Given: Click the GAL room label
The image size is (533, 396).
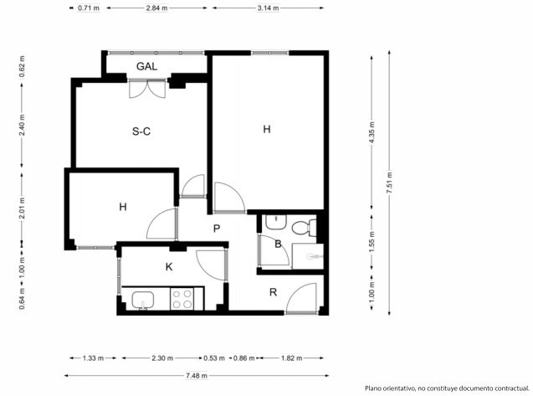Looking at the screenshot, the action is pyautogui.click(x=147, y=66).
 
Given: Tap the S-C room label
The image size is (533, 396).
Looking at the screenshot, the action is pyautogui.click(x=141, y=131).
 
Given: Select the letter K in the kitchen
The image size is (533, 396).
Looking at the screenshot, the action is pyautogui.click(x=169, y=267).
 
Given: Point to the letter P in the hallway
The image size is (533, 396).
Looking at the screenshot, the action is pyautogui.click(x=217, y=229).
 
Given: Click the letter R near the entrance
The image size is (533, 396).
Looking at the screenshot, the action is pyautogui.click(x=273, y=292).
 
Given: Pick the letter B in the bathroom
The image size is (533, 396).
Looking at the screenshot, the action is pyautogui.click(x=278, y=244).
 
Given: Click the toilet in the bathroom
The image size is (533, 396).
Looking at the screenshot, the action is pyautogui.click(x=305, y=227).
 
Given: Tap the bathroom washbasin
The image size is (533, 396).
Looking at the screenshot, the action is pyautogui.click(x=276, y=222).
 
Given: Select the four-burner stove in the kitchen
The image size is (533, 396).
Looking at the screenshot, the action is pyautogui.click(x=182, y=299).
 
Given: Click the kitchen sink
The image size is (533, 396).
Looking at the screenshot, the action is pyautogui.click(x=143, y=300).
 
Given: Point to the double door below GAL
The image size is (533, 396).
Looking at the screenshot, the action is pyautogui.click(x=147, y=89).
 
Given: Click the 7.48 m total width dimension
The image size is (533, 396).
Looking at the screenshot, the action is pyautogui.click(x=197, y=376).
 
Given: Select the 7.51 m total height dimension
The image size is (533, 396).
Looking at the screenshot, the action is pyautogui.click(x=390, y=183).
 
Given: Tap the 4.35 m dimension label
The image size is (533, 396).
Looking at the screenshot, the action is pyautogui.click(x=372, y=132).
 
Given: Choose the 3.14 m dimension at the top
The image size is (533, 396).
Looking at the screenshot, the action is pyautogui.click(x=269, y=8).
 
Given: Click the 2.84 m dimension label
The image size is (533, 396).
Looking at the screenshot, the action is pyautogui.click(x=156, y=8).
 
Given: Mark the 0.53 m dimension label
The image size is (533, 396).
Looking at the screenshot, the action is pyautogui.click(x=214, y=358).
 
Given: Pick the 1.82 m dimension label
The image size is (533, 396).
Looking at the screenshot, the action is pyautogui.click(x=292, y=358).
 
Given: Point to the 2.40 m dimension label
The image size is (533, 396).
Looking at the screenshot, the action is pyautogui.click(x=22, y=125).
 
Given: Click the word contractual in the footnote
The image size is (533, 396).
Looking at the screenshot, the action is pyautogui.click(x=512, y=388).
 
